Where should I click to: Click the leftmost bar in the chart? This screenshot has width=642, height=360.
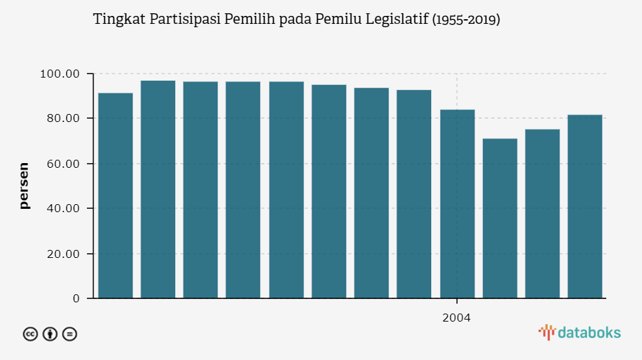[115, 196]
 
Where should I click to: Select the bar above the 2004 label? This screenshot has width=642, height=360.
[457, 204]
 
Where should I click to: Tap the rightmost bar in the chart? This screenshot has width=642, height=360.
[585, 206]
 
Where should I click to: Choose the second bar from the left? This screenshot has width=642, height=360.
[158, 189]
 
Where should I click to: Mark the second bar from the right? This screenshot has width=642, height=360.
[543, 213]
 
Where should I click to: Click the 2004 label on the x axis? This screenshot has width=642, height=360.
[456, 318]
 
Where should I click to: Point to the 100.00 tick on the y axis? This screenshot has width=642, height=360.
[60, 74]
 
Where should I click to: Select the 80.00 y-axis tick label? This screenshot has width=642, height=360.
[60, 119]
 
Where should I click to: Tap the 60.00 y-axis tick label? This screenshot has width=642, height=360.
[60, 164]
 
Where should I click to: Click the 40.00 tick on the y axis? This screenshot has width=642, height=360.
[60, 209]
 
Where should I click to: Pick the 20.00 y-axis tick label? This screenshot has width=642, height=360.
[60, 254]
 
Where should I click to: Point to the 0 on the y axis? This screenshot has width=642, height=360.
[76, 299]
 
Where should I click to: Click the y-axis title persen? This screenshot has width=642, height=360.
[25, 186]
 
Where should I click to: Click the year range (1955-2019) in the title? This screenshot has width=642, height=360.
[466, 19]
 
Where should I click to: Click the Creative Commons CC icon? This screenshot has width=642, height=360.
[31, 334]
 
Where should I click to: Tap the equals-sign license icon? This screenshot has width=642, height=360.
[70, 334]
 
